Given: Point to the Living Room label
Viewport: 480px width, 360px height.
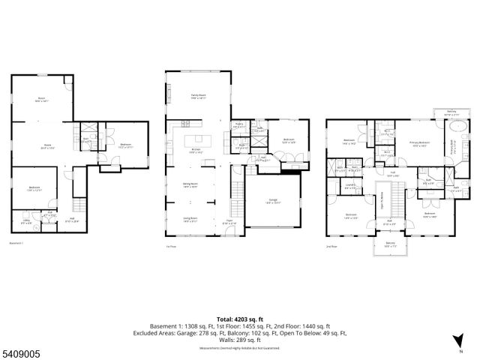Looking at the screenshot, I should click(x=190, y=220).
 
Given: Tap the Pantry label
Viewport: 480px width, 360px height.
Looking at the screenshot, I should click(x=239, y=125).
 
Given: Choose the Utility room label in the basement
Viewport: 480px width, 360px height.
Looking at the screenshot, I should click(x=26, y=220).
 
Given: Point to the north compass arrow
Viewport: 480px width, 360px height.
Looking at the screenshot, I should click(x=458, y=344).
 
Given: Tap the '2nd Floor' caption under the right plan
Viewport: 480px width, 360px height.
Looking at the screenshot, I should click(x=332, y=245).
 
